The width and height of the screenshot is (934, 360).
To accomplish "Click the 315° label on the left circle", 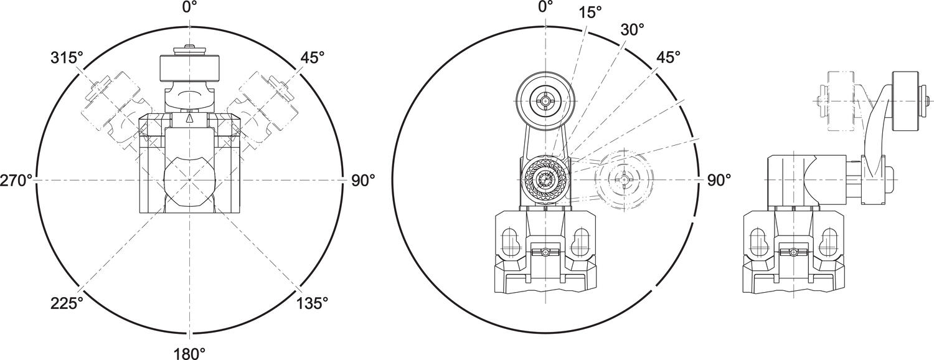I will click(67, 58).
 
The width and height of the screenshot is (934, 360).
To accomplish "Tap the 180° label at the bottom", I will click(189, 353).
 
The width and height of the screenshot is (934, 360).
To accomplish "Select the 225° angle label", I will click(67, 303).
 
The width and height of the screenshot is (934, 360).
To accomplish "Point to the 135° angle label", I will click(312, 303).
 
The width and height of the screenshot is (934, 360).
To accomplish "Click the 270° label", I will click(16, 181).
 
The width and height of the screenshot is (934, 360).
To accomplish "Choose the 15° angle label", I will click(590, 12).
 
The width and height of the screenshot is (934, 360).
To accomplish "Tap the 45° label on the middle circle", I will click(669, 57).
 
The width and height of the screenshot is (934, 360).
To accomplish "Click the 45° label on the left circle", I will click(313, 58).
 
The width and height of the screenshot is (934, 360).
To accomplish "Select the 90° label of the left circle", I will click(364, 181).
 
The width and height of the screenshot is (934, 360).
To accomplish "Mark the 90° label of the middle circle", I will click(719, 181).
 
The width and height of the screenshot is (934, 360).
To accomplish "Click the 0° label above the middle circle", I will click(545, 7).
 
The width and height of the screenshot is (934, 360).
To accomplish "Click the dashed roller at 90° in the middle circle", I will click(623, 179).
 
